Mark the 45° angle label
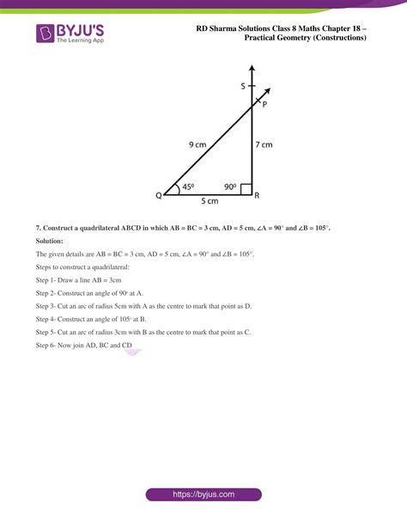[x=189, y=187]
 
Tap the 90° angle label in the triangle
[x=230, y=187]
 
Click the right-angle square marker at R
[x=246, y=189]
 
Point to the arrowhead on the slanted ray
[x=268, y=92]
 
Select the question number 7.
[x=39, y=227]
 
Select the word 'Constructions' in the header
[x=337, y=39]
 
